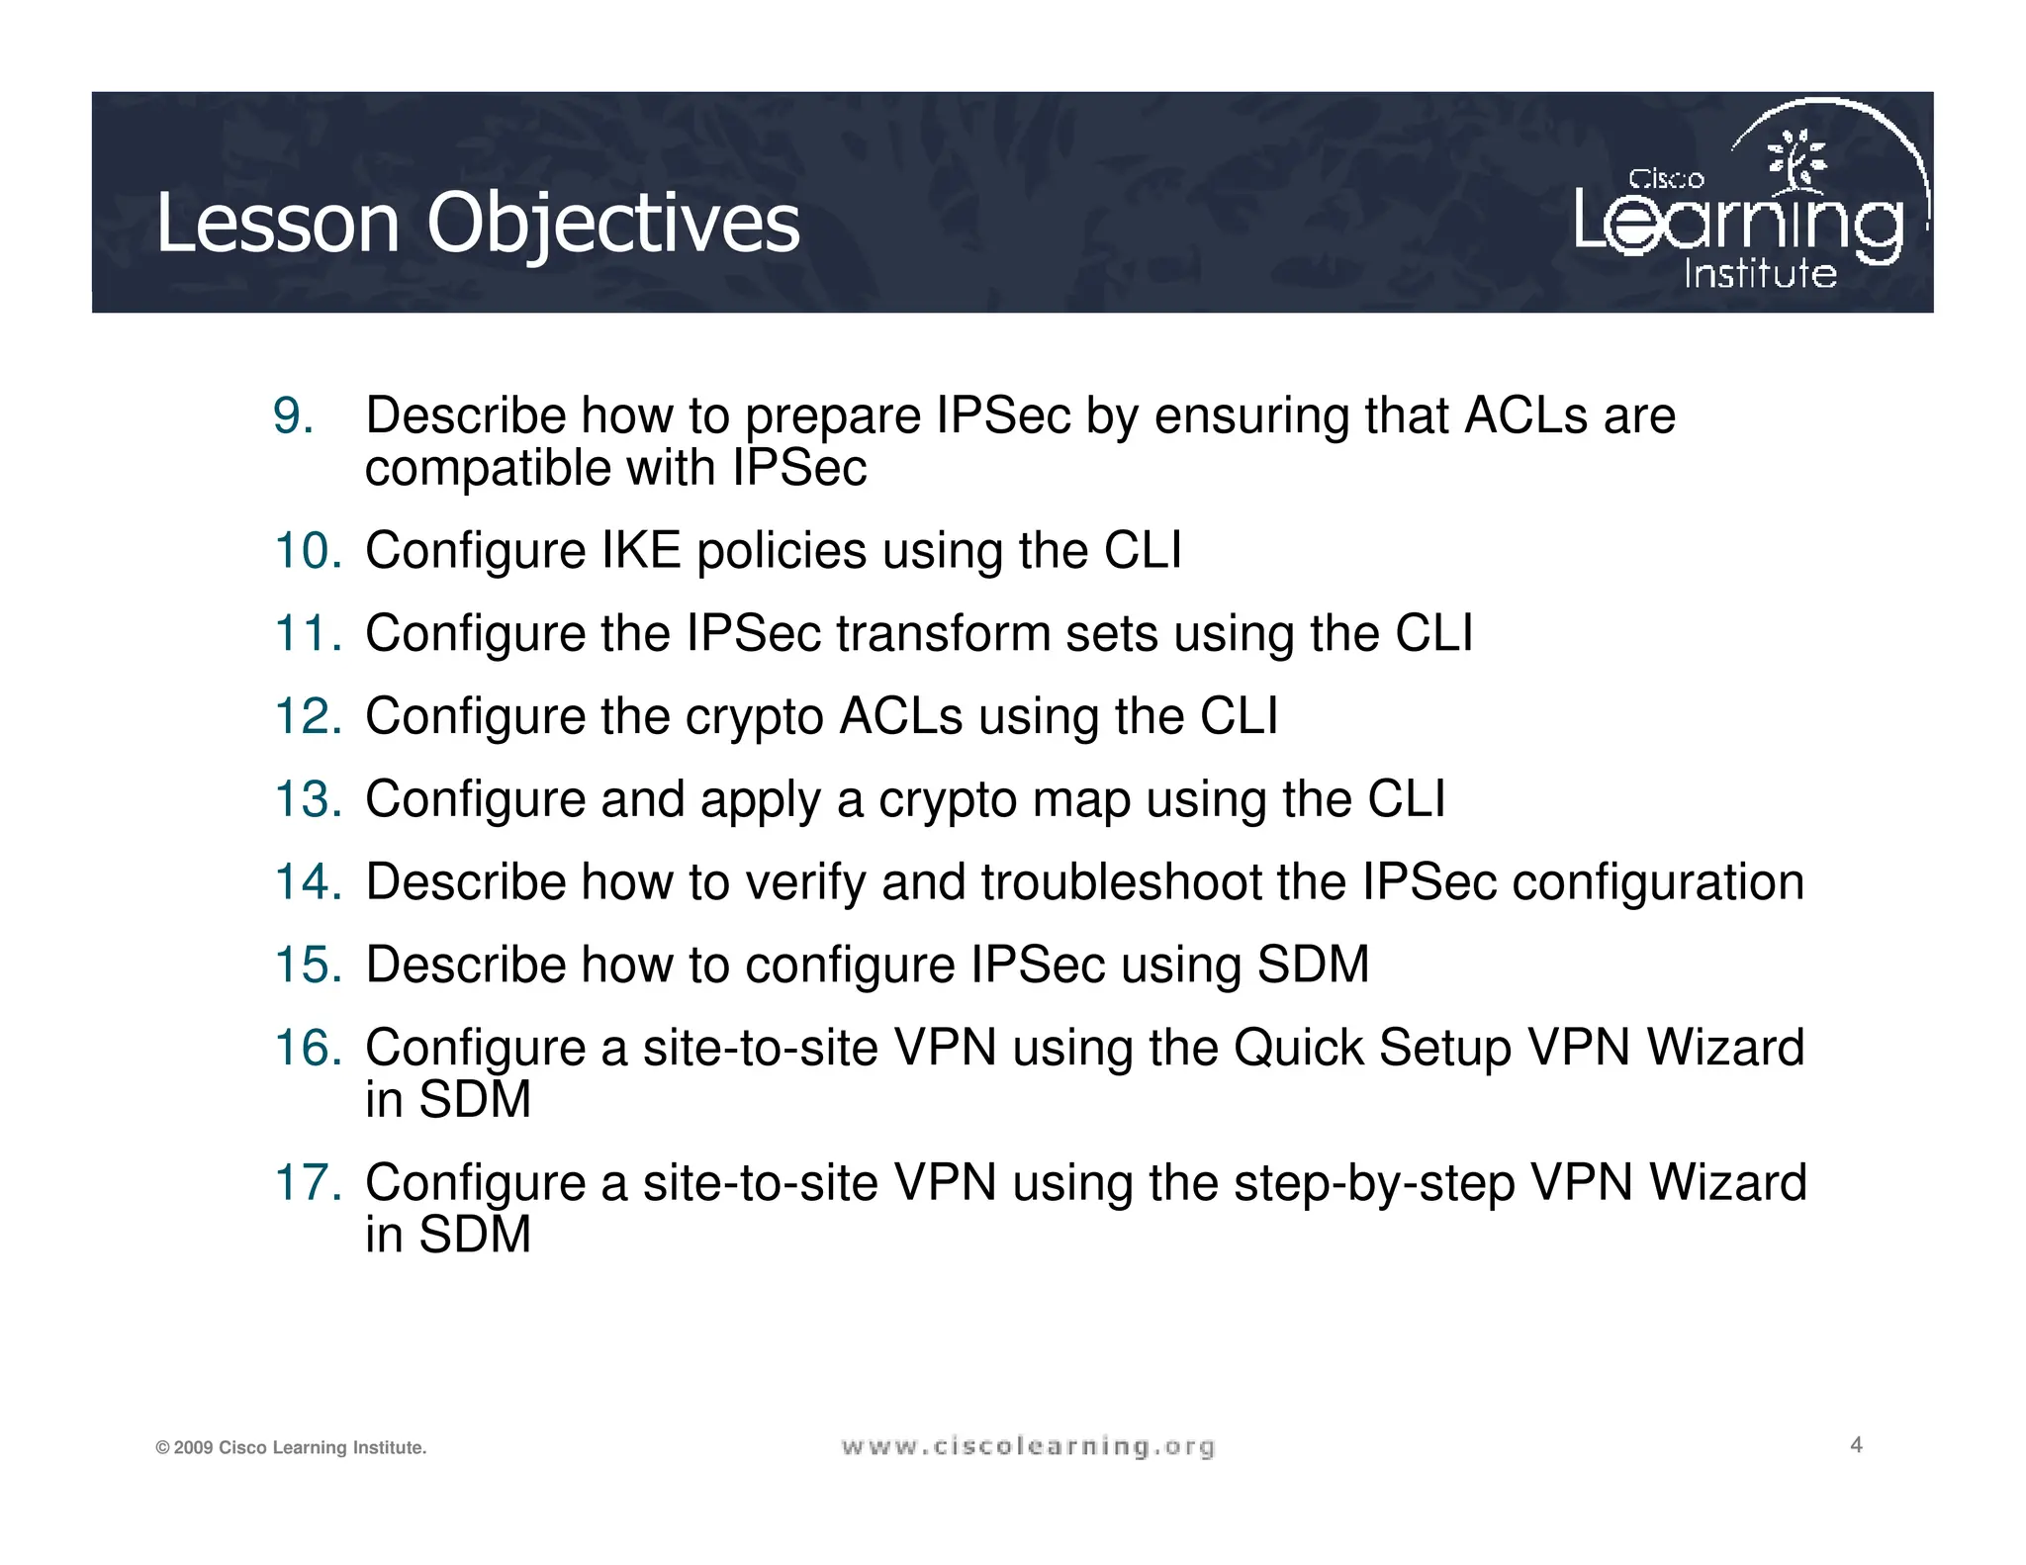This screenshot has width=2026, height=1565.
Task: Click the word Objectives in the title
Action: click(x=612, y=224)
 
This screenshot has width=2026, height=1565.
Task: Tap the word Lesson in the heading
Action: click(x=277, y=224)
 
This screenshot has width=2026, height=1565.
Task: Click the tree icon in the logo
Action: click(x=1797, y=160)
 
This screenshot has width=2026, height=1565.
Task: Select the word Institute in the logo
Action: click(x=1760, y=273)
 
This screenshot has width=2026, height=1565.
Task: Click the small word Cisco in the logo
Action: click(x=1666, y=179)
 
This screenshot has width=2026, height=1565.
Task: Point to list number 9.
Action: click(x=293, y=415)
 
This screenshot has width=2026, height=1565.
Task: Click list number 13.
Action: click(x=308, y=799)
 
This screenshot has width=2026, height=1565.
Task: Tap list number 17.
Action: click(x=308, y=1183)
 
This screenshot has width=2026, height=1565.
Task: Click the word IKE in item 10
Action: click(x=641, y=550)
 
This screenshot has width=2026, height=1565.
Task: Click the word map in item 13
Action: click(x=1081, y=799)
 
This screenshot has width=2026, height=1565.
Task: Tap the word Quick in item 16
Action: click(x=1298, y=1048)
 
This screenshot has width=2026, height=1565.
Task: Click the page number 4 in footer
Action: click(x=1856, y=1445)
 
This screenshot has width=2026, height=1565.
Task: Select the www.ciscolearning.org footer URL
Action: click(x=1028, y=1447)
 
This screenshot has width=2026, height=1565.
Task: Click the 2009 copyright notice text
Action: click(x=291, y=1448)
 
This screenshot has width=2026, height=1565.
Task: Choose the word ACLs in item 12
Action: click(x=900, y=716)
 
